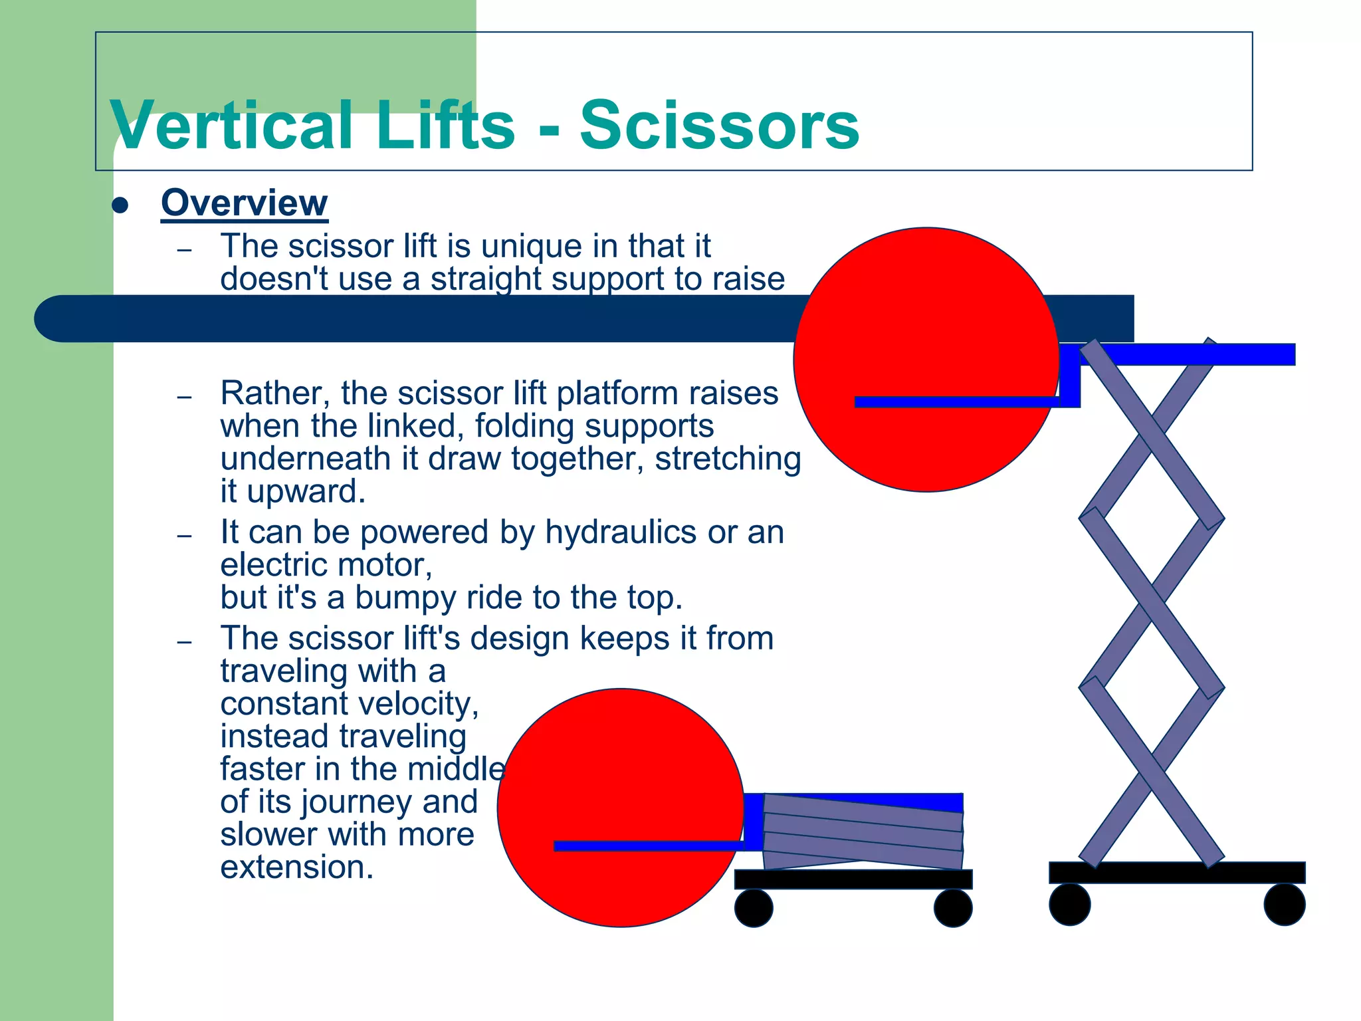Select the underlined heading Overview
coord(244,202)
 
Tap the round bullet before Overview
coord(120,205)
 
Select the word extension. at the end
coord(297,867)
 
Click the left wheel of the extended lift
coord(1069,905)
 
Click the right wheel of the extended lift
coord(1284,905)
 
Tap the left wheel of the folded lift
coord(754,909)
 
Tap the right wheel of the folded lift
coord(953,909)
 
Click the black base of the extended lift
coord(1176,872)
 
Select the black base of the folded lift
coord(853,879)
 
